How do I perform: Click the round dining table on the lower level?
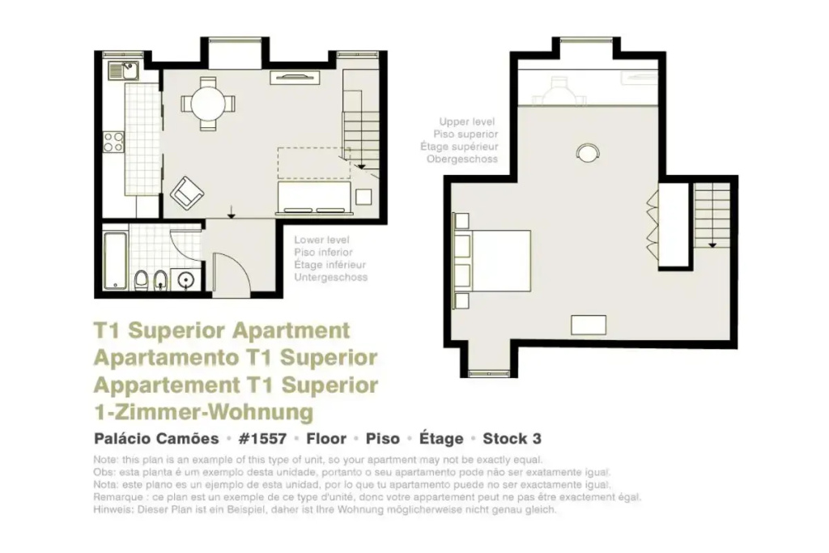tap(208, 104)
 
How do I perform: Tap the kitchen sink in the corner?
tap(123, 70)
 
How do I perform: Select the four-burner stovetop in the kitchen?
tap(113, 142)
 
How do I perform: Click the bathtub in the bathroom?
tap(115, 261)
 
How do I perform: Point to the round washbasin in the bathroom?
tap(186, 279)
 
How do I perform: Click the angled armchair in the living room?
tap(187, 193)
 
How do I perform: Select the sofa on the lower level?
tap(315, 198)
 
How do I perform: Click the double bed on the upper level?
tap(491, 261)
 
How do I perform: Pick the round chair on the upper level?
tap(588, 153)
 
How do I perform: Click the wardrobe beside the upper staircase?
tap(674, 225)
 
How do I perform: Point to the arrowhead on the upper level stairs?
tap(712, 245)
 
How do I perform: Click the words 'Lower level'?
tap(321, 240)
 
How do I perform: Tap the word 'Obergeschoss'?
tap(462, 160)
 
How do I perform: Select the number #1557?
tap(263, 439)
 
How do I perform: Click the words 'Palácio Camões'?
tap(156, 439)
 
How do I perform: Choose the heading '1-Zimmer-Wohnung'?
tap(203, 412)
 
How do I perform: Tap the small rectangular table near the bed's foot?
tap(589, 325)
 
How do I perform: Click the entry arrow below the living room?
tap(231, 211)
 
